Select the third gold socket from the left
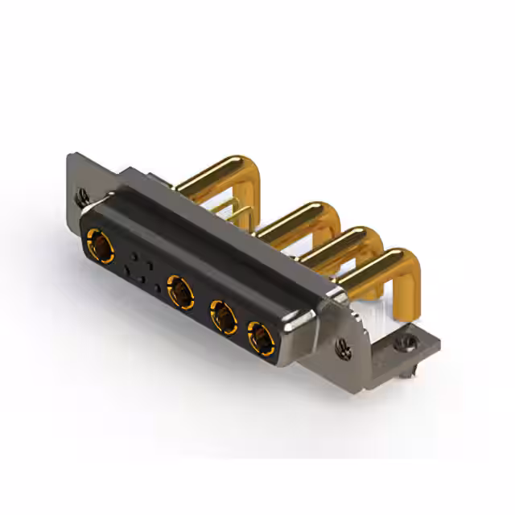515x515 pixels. coord(223,315)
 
